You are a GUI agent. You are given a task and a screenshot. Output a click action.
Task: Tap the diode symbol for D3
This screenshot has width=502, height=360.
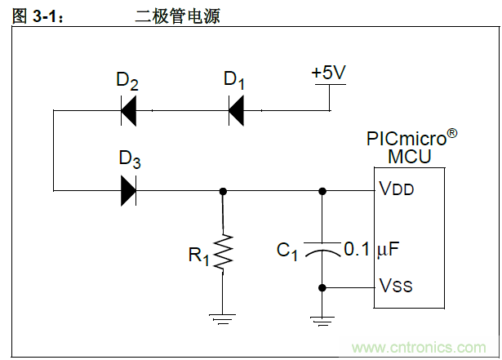(x=128, y=191)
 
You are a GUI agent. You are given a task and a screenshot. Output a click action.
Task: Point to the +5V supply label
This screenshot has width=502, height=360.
(x=329, y=73)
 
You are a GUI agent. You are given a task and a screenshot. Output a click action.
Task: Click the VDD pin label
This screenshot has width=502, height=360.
(x=397, y=189)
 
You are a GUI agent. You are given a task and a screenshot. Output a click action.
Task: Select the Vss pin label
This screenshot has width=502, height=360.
(x=396, y=286)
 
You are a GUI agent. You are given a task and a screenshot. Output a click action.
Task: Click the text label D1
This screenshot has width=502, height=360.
(x=234, y=80)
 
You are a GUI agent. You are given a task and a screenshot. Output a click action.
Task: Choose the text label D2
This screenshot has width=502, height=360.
(x=127, y=80)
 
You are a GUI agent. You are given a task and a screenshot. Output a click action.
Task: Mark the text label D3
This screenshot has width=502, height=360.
(x=130, y=159)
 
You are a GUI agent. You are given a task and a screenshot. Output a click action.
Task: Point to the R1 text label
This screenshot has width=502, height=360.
(x=199, y=256)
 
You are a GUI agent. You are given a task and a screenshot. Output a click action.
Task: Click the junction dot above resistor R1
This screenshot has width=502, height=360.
(x=223, y=191)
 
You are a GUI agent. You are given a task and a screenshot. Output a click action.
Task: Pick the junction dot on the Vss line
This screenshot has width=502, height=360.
(x=322, y=287)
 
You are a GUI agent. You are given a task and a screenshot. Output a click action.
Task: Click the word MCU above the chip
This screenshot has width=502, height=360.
(x=410, y=155)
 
